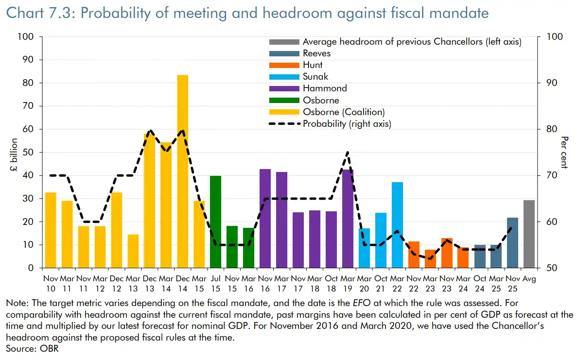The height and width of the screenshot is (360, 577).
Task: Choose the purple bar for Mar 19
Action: (x=348, y=219)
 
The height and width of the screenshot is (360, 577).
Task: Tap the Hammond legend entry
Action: (x=325, y=88)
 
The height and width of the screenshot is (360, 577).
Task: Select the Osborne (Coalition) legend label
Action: (x=343, y=112)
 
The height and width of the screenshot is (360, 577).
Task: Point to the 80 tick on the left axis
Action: (x=32, y=83)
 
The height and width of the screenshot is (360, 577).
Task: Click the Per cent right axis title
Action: (x=564, y=153)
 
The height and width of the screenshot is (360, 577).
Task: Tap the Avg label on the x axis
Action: (x=529, y=279)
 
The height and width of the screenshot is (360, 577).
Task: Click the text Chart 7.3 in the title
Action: (x=38, y=13)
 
